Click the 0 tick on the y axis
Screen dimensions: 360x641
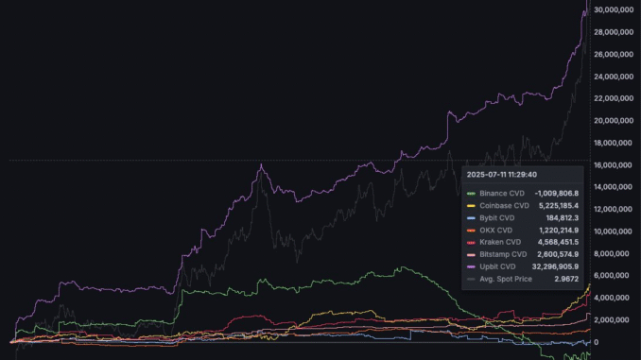coord(596,342)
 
